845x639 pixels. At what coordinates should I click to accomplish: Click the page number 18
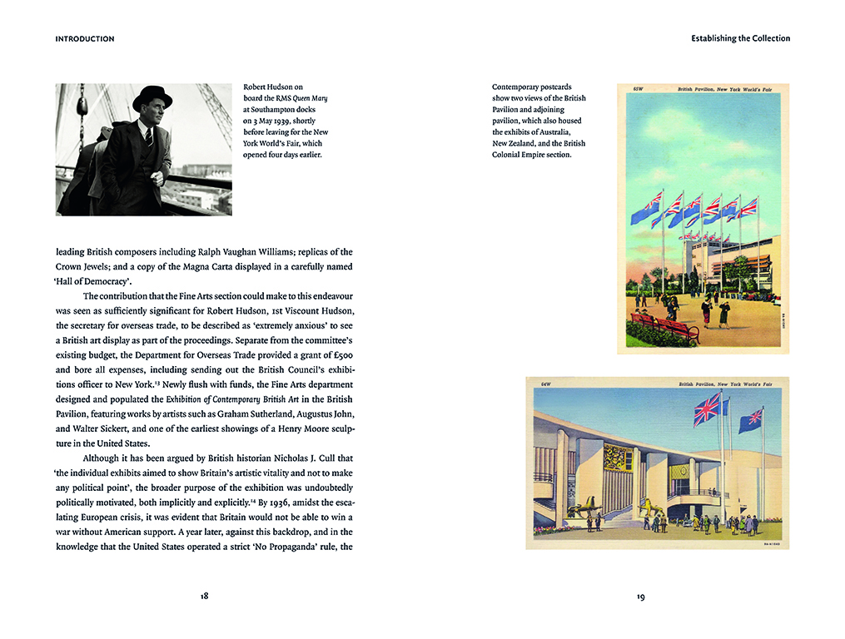(204, 596)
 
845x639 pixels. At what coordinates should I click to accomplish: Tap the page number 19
(641, 596)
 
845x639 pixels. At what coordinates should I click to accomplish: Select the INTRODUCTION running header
(85, 39)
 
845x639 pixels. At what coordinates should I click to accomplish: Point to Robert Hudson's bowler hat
(152, 97)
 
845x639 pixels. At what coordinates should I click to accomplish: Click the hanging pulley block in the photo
(82, 106)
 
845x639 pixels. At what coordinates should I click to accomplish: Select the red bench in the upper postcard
(666, 326)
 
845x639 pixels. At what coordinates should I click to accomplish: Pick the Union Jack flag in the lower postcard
(707, 409)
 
